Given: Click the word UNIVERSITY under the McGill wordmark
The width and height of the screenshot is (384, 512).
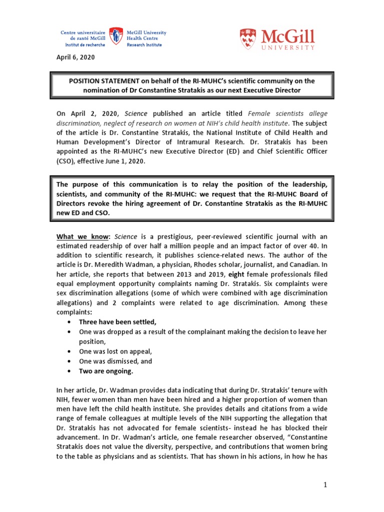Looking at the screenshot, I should point(291,47).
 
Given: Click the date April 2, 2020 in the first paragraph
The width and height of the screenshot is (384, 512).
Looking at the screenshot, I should point(88,113).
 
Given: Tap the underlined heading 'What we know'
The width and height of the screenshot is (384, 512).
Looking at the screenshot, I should point(82,236).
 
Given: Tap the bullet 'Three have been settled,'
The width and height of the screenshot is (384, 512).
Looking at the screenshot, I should point(114,321).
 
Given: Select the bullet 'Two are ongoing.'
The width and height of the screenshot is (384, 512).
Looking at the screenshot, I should point(106,371).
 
